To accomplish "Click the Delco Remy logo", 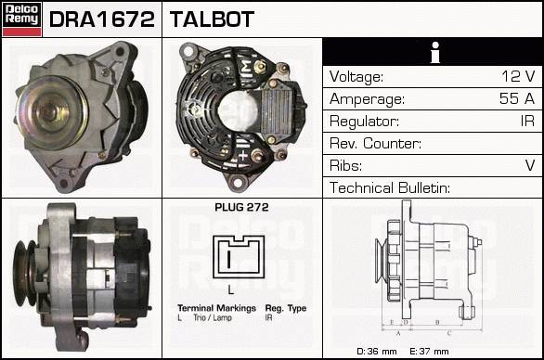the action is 21,19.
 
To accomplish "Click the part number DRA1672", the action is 102,19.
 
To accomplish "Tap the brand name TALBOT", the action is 212,19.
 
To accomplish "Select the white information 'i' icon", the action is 435,52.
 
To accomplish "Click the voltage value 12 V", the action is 518,76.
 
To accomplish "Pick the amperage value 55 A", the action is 517,98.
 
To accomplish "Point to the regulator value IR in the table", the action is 527,121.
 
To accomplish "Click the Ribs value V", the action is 530,165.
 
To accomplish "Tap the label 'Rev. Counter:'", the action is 375,143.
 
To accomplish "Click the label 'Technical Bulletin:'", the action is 390,187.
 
